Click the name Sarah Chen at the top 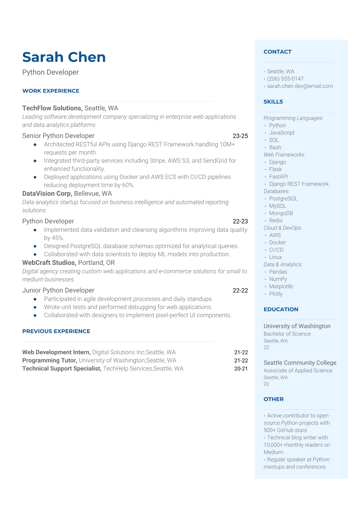64,57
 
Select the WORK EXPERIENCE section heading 51,91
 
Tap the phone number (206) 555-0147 285,79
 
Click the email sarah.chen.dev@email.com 300,86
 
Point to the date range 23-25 240,136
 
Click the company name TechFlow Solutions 52,108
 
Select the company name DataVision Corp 47,193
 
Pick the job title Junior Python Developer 58,290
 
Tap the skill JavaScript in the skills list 282,132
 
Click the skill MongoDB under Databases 281,213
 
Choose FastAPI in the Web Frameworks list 278,176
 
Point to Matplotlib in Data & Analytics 281,286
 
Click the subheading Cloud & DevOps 283,228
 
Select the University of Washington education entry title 297,326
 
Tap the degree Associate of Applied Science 298,370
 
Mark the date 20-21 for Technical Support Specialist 241,368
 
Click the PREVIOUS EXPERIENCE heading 56,331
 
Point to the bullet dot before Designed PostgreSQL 35,246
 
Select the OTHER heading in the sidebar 273,399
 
